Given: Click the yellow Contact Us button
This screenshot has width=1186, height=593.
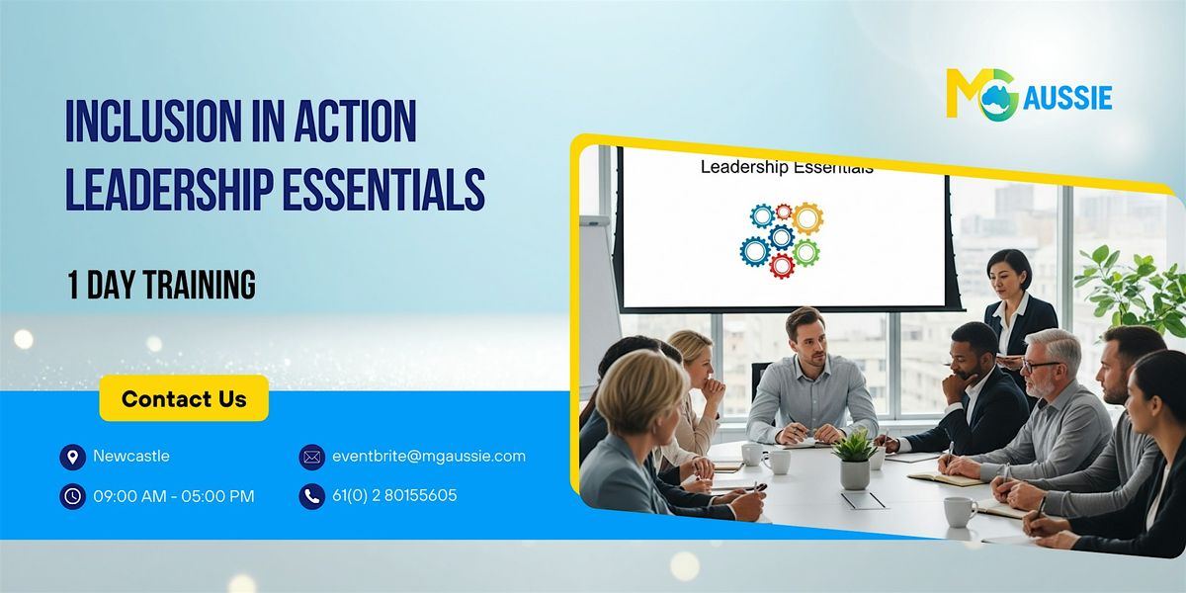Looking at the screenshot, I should coord(184,398).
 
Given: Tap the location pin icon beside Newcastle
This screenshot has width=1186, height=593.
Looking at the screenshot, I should coord(71,457).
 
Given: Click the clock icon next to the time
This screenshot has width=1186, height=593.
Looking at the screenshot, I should coord(71,496).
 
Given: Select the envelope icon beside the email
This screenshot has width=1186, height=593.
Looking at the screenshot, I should coord(312,457).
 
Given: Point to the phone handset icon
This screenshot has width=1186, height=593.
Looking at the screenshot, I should coord(312,496).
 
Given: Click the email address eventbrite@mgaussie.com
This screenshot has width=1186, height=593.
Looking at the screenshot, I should coord(429,456).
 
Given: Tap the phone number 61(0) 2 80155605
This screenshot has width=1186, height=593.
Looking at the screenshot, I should coord(394,495).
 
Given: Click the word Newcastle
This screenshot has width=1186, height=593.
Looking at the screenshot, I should coord(131,456).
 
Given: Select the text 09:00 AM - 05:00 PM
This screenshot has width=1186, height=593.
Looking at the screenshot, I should coord(174,496).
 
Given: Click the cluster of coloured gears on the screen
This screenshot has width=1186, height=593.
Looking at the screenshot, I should coord(781,238).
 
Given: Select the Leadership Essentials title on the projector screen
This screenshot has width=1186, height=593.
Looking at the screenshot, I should coord(786,167).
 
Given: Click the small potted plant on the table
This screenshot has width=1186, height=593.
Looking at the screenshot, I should coord(855,458).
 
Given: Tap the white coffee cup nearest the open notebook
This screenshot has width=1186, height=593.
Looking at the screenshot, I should coord(959,510).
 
